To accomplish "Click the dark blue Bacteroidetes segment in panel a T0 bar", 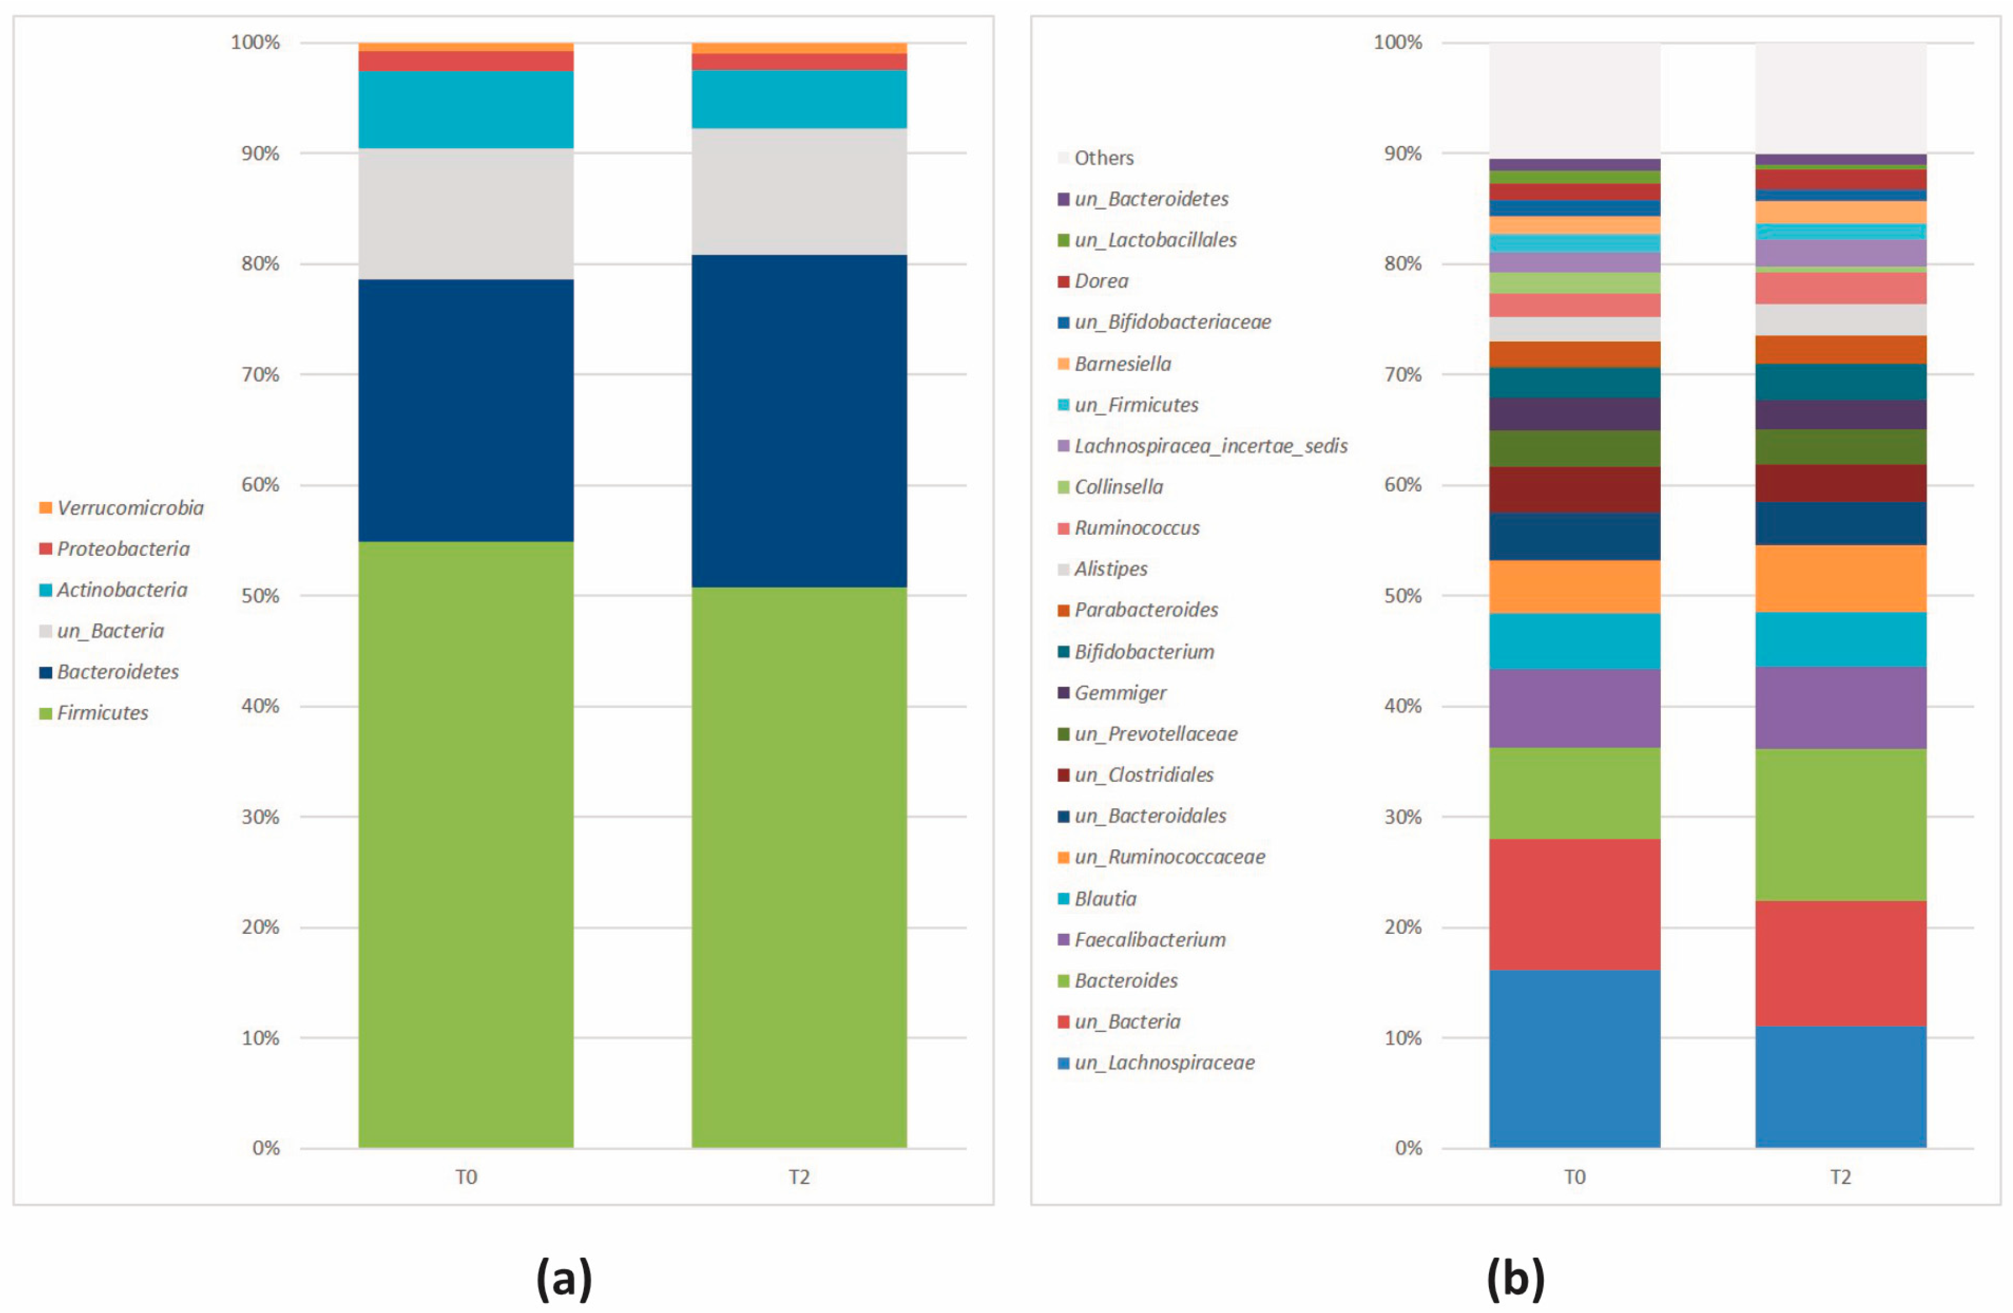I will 466,410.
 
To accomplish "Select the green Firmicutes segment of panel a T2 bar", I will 799,867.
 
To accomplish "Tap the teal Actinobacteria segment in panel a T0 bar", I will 466,109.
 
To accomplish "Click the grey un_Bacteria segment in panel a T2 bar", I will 799,191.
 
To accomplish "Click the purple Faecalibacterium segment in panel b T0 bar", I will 1574,708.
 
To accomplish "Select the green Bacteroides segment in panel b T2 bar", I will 1840,824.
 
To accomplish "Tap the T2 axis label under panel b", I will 1840,1177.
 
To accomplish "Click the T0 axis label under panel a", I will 466,1177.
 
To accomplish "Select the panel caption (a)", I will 564,1278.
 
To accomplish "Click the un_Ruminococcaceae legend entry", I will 1169,857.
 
